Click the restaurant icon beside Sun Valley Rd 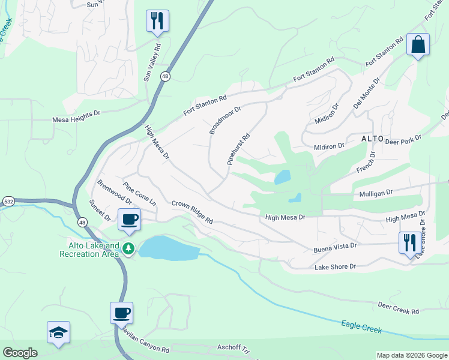[x=157, y=21]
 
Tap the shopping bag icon [x=418, y=45]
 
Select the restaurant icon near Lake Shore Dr [x=410, y=243]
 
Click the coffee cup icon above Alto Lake [x=129, y=220]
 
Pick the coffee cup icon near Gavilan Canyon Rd [x=121, y=313]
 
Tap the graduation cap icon [x=59, y=332]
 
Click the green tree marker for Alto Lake [x=128, y=248]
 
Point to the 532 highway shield [x=8, y=202]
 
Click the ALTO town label [x=372, y=139]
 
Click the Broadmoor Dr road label [x=224, y=121]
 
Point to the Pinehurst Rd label [x=238, y=149]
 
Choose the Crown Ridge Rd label [x=192, y=212]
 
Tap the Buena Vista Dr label [x=335, y=246]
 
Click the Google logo [x=20, y=353]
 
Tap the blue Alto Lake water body [x=168, y=248]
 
